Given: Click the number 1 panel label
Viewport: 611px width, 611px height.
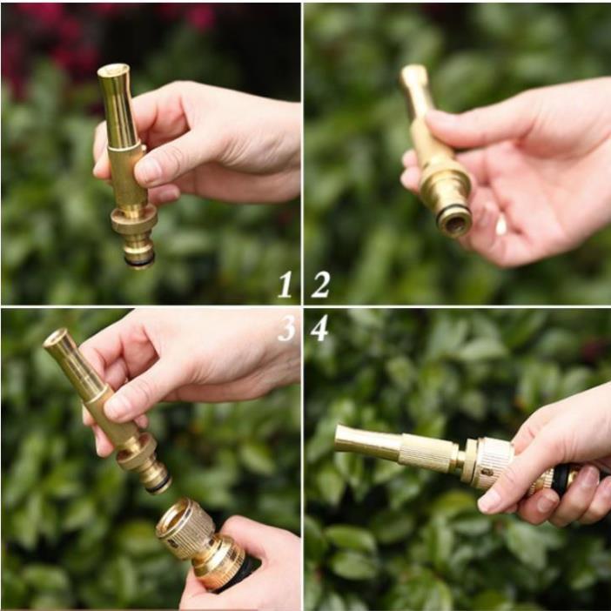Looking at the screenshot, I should (x=285, y=284).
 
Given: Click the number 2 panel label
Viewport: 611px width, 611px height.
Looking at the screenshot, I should (x=320, y=284).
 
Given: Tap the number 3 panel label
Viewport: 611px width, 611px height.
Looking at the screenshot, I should (x=286, y=327).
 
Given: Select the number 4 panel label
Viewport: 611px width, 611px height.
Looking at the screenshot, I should (x=319, y=328).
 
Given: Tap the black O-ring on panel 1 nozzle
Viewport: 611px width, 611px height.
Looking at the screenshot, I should (x=139, y=258).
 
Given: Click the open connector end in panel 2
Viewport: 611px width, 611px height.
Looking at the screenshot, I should (x=454, y=221).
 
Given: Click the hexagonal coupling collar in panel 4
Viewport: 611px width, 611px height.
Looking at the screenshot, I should (x=471, y=460).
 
